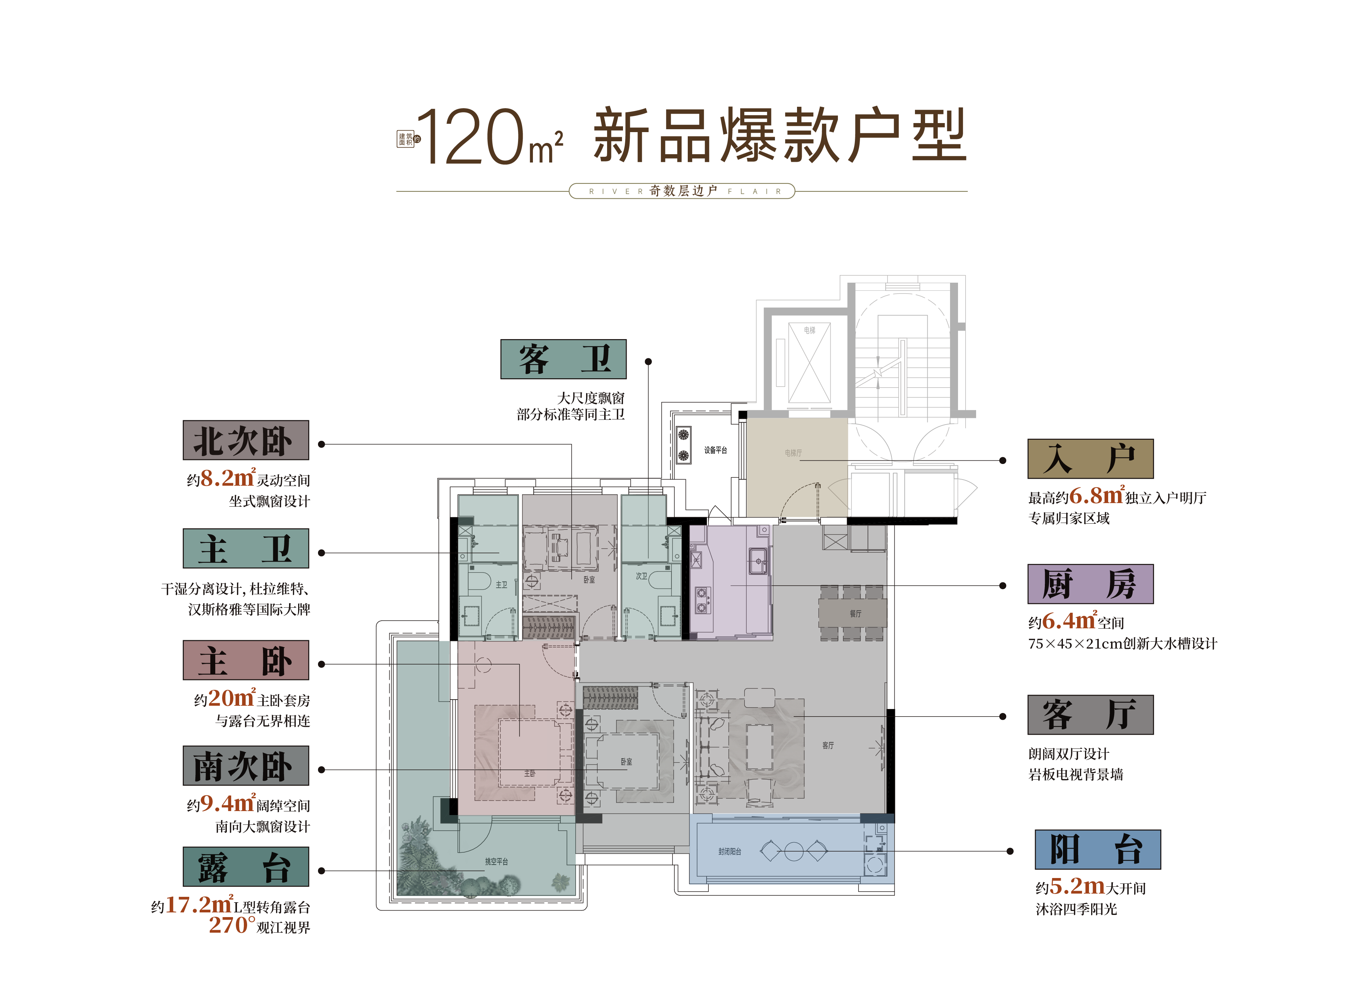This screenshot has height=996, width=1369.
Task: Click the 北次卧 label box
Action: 246,440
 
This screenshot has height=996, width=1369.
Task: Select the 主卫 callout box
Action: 246,548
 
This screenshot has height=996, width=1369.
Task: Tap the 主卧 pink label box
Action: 246,660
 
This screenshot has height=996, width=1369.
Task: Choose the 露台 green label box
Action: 246,867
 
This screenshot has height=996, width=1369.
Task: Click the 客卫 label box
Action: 563,359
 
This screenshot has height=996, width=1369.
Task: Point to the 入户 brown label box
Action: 1090,459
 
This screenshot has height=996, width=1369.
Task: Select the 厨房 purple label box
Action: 1090,584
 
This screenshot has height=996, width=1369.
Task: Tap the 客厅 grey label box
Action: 1090,714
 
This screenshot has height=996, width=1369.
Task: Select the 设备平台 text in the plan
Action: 715,450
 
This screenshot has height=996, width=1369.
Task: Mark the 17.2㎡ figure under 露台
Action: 199,905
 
